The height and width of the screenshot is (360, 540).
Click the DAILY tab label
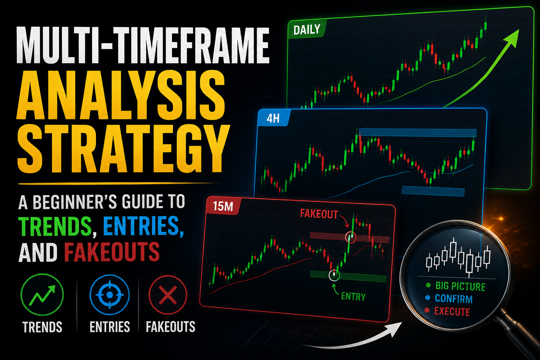point(307,30)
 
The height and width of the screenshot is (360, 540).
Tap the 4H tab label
point(273,118)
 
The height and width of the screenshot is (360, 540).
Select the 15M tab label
point(223,206)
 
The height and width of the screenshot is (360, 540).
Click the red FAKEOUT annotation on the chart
point(319,214)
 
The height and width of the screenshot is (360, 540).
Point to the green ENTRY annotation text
point(353,297)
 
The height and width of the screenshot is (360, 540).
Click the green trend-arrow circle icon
point(42,294)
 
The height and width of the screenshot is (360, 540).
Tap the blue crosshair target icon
point(109,295)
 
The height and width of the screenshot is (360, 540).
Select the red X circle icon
point(168,295)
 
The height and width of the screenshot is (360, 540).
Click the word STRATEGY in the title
point(123,149)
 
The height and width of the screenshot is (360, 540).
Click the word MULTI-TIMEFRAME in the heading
point(143,45)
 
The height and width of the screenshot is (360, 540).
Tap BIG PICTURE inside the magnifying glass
point(460,286)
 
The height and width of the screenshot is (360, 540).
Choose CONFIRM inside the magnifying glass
point(454,299)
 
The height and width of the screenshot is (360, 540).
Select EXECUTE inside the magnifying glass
point(452,311)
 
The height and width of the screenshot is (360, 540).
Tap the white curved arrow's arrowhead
point(395,329)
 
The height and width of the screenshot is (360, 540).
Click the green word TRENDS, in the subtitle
point(55,226)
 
